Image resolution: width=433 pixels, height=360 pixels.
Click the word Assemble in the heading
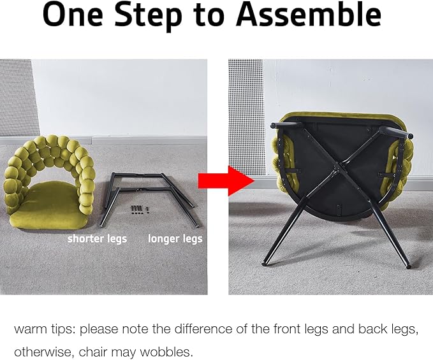pos(309,15)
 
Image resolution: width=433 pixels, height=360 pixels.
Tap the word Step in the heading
pos(149,16)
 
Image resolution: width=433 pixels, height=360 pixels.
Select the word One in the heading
pos(73,15)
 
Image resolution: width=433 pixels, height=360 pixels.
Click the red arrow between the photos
pos(226,181)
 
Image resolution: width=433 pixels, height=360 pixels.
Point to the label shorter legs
pos(97,239)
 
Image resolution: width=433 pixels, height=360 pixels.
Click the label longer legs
pos(175,239)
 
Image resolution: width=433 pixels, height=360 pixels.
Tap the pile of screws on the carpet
pos(140,210)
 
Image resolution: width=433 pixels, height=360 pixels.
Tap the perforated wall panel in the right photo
pos(246,116)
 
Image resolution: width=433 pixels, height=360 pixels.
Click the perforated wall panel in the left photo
pos(17,98)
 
